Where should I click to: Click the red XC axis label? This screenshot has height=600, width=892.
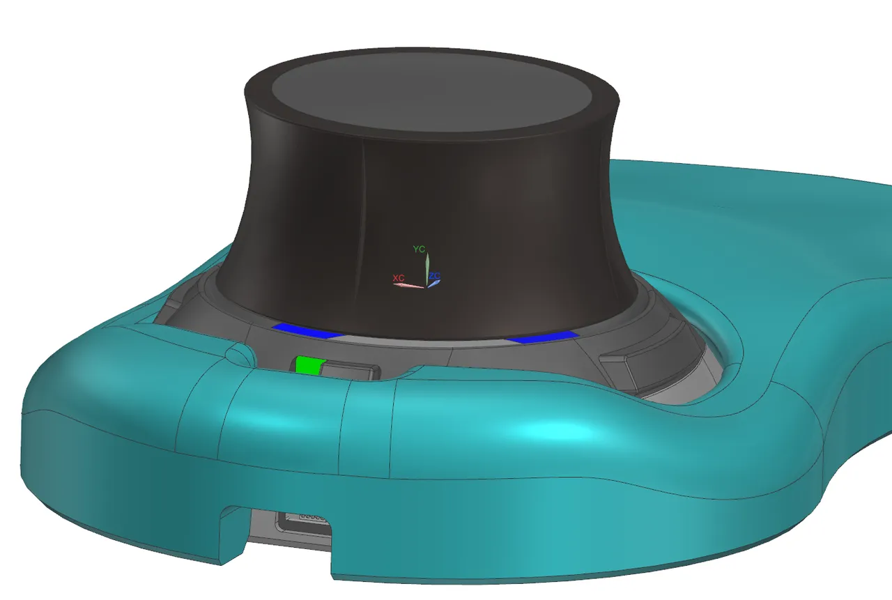(399, 277)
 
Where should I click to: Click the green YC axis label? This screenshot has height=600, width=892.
(419, 249)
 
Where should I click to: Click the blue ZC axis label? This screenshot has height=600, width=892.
(434, 277)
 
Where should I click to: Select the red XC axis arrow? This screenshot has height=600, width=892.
(410, 285)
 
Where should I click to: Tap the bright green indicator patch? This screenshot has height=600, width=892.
(307, 365)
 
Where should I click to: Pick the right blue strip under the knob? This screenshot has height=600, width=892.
(543, 337)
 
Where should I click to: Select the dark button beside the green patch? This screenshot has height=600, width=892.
(352, 371)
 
